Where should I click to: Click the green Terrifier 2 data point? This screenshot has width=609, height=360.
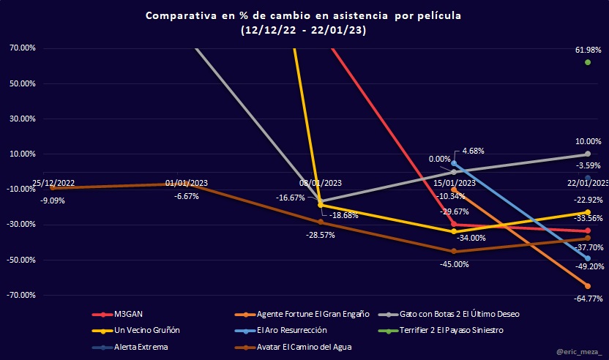[588, 62]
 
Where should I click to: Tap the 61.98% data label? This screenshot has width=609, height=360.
[588, 50]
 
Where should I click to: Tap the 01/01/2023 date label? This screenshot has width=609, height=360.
[186, 184]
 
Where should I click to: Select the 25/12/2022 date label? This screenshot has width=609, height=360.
[53, 183]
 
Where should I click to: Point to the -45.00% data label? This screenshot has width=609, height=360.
[454, 264]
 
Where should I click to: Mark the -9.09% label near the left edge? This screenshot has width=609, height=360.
[52, 200]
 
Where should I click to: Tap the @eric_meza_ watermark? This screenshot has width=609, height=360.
[577, 352]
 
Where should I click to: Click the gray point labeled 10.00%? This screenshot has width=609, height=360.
[588, 154]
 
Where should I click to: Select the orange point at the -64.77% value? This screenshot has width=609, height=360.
[588, 286]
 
